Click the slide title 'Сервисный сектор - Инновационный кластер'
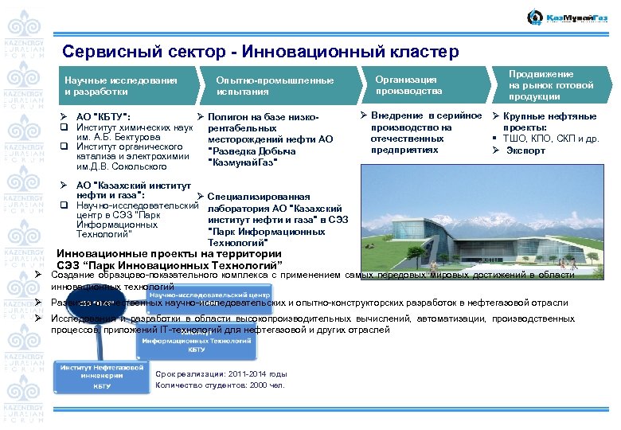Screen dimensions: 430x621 [260, 53]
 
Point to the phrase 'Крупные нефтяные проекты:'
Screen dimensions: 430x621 [550, 121]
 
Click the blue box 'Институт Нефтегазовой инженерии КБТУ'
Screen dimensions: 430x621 [102, 376]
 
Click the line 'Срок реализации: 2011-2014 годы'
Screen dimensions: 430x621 [221, 373]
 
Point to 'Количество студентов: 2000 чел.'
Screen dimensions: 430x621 [220, 386]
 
